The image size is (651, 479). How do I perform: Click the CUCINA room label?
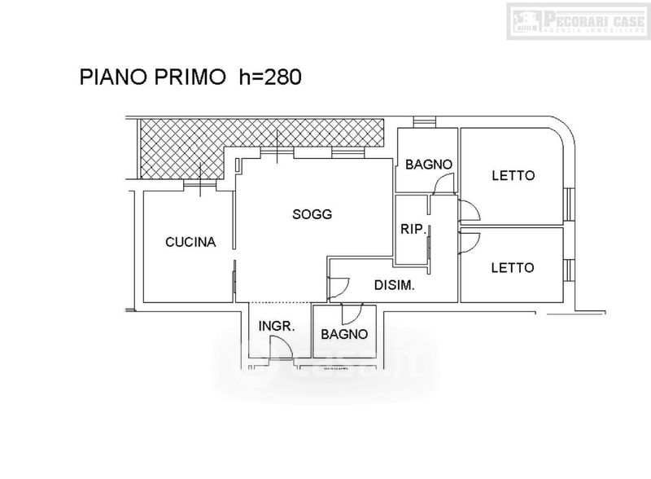[190, 242]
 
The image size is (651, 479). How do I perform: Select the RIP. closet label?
[413, 230]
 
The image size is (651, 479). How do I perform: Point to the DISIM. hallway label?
[395, 285]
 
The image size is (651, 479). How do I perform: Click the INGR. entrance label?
[276, 327]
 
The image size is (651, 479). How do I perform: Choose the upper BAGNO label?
[428, 165]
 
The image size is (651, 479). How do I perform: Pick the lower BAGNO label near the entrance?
[343, 334]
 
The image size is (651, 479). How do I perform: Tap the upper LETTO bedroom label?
[513, 175]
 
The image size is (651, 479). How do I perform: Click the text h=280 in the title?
[270, 77]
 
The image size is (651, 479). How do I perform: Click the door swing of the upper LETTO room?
[470, 212]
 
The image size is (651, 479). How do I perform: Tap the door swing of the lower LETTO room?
[470, 241]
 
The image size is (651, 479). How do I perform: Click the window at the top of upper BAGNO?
[423, 124]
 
